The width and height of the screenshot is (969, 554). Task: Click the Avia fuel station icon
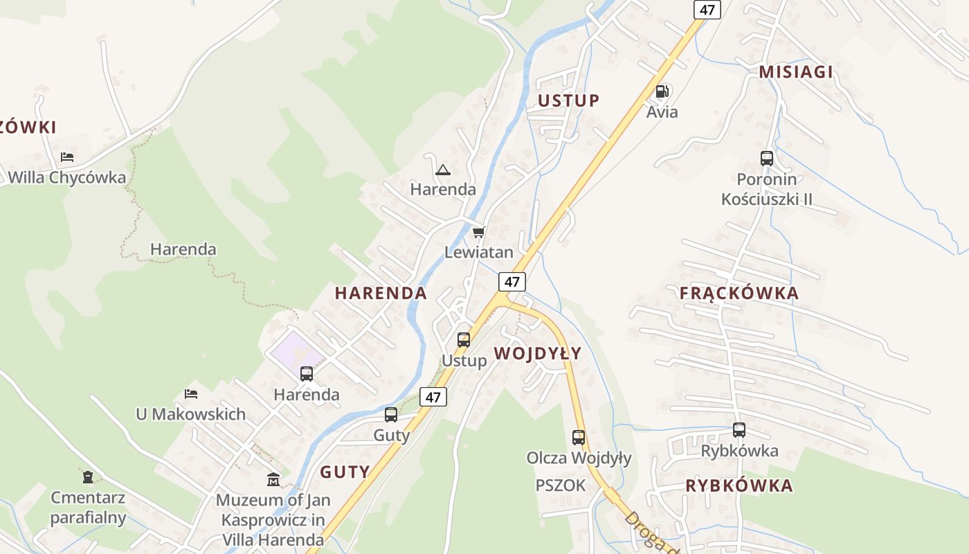click(x=662, y=91)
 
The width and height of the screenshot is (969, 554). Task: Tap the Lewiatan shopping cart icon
click(x=478, y=232)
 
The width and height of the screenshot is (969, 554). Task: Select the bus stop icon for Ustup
click(x=464, y=340)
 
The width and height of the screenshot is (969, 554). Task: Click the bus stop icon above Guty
click(x=391, y=415)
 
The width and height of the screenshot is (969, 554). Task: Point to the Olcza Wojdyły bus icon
click(x=579, y=438)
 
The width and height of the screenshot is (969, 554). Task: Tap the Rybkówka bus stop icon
click(x=739, y=430)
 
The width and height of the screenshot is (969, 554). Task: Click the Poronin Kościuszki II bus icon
click(x=767, y=159)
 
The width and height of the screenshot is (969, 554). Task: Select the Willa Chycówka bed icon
click(x=67, y=157)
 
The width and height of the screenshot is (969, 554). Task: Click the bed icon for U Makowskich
click(x=191, y=394)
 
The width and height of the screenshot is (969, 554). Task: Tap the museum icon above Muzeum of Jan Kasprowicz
click(x=273, y=479)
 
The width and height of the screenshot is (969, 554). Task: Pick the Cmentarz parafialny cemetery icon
click(x=88, y=476)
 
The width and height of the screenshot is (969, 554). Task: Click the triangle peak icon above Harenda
click(x=443, y=170)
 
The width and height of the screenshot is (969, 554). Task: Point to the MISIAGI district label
click(x=795, y=72)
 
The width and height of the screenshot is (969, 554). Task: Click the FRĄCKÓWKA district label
click(x=739, y=293)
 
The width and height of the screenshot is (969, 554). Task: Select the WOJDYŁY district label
click(x=537, y=354)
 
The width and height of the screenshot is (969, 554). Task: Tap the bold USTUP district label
click(x=568, y=100)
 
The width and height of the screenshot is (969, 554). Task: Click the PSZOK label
click(x=561, y=485)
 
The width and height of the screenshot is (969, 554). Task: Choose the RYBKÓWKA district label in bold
click(x=739, y=485)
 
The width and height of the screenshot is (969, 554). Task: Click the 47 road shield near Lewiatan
click(x=511, y=282)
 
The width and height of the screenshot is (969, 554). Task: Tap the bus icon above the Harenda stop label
click(x=307, y=374)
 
